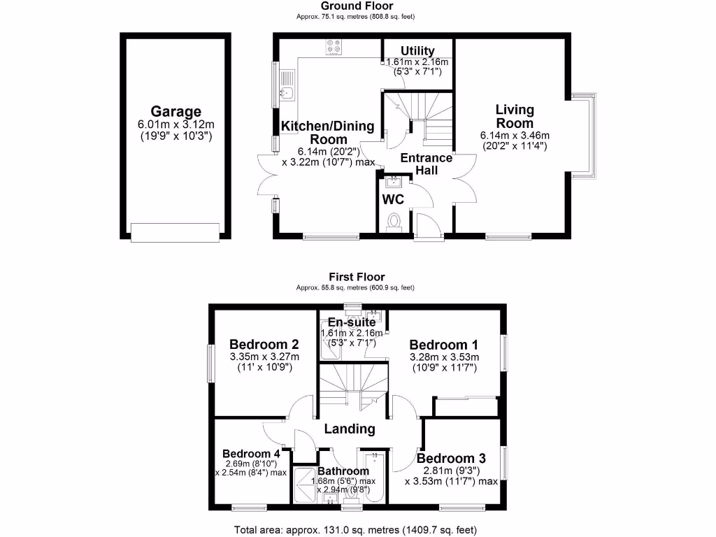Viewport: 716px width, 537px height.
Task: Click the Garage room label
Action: (x=176, y=111)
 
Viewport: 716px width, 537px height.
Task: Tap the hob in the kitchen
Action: (x=334, y=47)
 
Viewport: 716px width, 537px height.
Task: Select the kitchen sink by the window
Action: (x=287, y=85)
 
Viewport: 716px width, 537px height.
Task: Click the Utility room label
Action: (x=417, y=50)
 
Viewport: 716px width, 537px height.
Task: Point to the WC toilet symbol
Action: (x=393, y=222)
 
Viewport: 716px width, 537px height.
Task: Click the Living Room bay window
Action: (x=586, y=134)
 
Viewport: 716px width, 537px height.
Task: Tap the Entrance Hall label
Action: (x=426, y=164)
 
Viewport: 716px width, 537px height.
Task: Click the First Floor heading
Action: (x=357, y=277)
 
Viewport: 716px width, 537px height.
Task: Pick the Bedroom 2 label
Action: (x=264, y=344)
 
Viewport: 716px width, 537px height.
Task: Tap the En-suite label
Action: (x=352, y=322)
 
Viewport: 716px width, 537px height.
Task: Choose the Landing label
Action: (x=349, y=429)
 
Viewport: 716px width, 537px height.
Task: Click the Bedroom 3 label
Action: (x=451, y=458)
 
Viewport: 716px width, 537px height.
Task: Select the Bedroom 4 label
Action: (x=252, y=453)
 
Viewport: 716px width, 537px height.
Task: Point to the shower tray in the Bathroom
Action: (x=304, y=482)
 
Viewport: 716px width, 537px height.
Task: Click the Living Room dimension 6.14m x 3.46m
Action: (x=515, y=136)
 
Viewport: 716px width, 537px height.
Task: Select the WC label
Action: (x=393, y=199)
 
